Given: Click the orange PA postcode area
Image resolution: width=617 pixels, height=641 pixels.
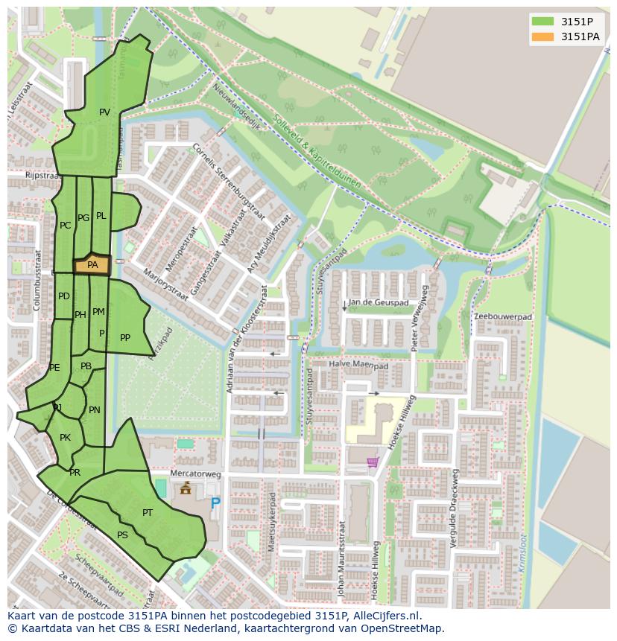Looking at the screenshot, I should pos(92,265).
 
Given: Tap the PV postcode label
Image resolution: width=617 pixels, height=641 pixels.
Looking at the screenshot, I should pos(104,112).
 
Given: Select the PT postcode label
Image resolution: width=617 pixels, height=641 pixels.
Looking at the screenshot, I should pos(148,513).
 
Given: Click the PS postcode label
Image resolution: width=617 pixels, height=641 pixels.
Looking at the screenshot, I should pos(122,535).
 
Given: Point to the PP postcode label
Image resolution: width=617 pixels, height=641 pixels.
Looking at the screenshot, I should pos(125,338).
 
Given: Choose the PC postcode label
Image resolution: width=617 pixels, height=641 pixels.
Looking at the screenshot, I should pos(65,226).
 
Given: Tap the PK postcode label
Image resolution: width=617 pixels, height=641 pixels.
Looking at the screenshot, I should pos(65,438).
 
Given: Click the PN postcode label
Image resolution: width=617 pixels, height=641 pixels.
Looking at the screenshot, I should pos(95,410).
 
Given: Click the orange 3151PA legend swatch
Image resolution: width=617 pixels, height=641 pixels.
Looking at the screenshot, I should pos(543,36).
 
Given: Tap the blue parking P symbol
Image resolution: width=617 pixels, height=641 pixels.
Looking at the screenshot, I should pos(215,504).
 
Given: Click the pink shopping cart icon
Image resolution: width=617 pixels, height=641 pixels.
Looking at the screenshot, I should pos(372,462).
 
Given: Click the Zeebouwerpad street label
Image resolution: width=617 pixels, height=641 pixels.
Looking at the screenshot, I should pos(504,316).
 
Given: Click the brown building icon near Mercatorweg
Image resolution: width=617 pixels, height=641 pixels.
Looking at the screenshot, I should pos(186,488).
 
